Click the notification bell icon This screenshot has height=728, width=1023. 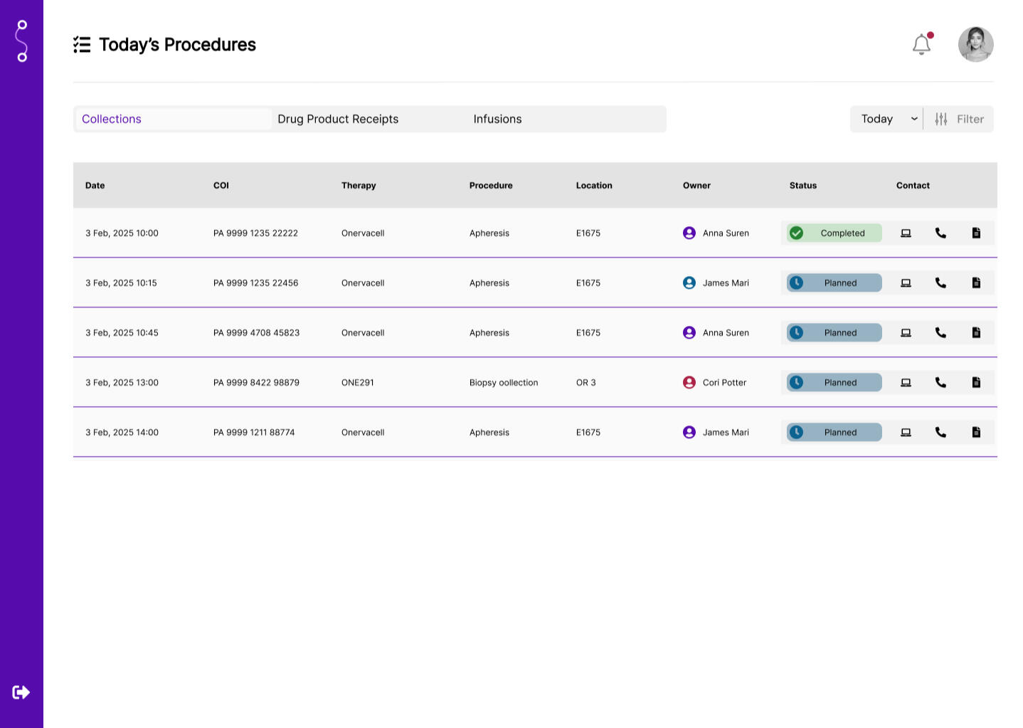(921, 45)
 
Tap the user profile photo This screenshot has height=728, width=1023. (975, 45)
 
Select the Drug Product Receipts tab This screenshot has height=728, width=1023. (338, 119)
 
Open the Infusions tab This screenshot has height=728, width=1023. (497, 119)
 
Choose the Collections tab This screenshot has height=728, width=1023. (112, 119)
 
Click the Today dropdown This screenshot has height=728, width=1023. (887, 119)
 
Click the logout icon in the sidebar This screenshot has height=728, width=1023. (21, 692)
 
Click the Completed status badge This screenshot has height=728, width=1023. (834, 233)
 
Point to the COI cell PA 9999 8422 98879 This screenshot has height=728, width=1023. (256, 382)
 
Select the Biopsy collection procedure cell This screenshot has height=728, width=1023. (503, 382)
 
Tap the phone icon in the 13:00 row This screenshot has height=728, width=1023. (940, 382)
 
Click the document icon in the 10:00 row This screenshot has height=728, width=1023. (976, 233)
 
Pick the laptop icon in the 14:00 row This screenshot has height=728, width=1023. (906, 432)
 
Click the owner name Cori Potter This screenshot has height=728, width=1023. (724, 382)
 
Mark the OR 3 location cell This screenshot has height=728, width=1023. (585, 382)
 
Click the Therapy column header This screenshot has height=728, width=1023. (359, 185)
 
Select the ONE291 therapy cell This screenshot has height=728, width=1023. (357, 382)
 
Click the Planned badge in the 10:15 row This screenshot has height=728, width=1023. (834, 283)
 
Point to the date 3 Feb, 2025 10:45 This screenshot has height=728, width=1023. (122, 332)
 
